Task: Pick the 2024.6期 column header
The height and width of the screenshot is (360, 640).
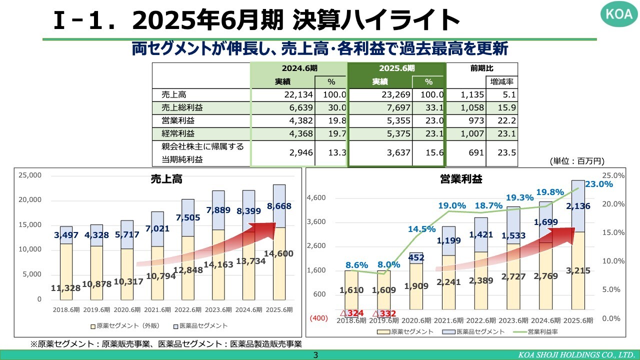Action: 298,68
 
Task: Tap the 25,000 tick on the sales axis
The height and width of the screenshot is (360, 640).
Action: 30,175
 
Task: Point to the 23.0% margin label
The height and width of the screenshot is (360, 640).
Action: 598,184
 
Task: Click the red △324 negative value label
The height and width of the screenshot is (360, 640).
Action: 351,313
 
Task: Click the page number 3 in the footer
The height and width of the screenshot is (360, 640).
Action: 315,355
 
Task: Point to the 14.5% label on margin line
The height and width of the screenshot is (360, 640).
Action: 421,229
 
